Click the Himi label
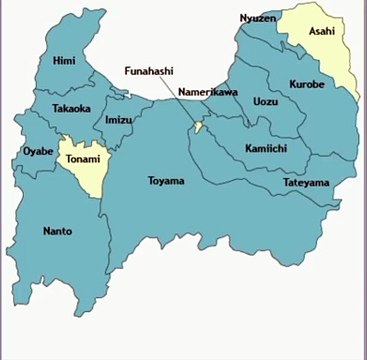coord(64,61)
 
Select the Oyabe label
coord(37,152)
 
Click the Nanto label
coord(58,231)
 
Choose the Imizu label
coord(118,120)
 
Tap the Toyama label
coord(166,181)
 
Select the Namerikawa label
coord(207,92)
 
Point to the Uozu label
coord(265,101)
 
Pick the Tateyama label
coord(305,183)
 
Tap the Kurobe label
coord(306,85)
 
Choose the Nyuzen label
coord(258,18)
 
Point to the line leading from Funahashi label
coord(177,101)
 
